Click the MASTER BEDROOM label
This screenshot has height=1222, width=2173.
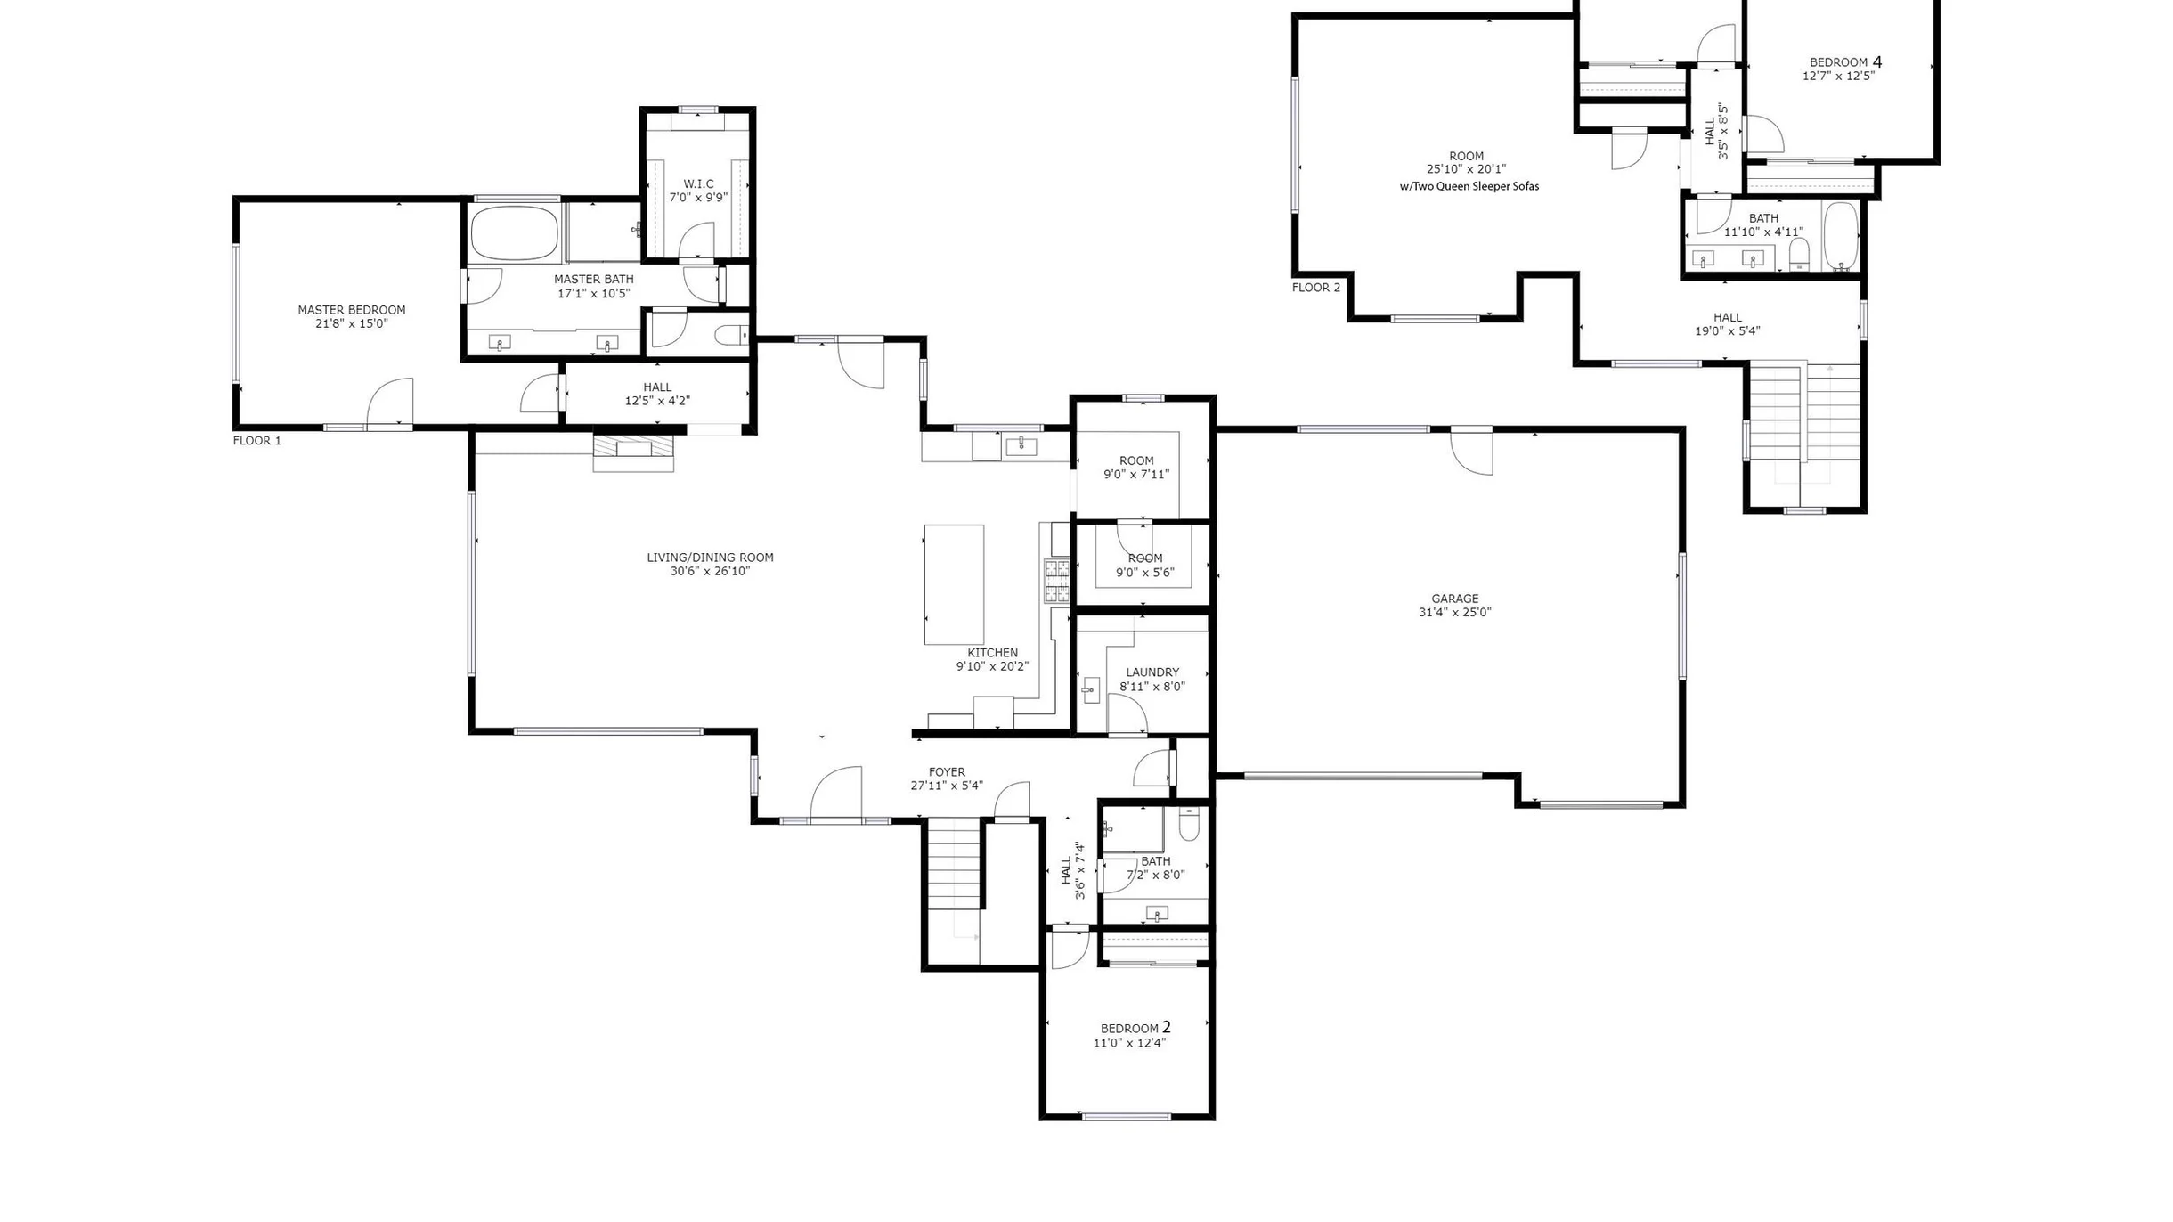pyautogui.click(x=351, y=310)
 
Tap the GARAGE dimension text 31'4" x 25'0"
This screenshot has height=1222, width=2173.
pyautogui.click(x=1454, y=612)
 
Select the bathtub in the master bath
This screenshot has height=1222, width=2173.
pyautogui.click(x=515, y=233)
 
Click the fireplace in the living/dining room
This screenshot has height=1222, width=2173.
pyautogui.click(x=633, y=452)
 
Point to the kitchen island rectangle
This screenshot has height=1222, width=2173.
pyautogui.click(x=954, y=584)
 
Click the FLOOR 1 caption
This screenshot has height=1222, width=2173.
pyautogui.click(x=257, y=441)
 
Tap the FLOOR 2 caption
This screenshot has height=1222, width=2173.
pyautogui.click(x=1316, y=288)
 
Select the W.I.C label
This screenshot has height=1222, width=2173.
pyautogui.click(x=698, y=184)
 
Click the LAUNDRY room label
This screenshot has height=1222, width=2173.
pyautogui.click(x=1152, y=672)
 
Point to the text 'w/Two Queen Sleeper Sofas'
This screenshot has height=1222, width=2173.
pyautogui.click(x=1469, y=187)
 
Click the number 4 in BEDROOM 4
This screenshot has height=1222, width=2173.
pyautogui.click(x=1877, y=61)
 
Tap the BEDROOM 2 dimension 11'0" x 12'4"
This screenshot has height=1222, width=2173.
pyautogui.click(x=1129, y=1043)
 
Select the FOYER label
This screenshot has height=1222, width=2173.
pyautogui.click(x=947, y=772)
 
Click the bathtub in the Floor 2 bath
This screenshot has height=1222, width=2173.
pyautogui.click(x=1840, y=237)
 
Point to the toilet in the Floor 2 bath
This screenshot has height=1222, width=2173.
pyautogui.click(x=1799, y=254)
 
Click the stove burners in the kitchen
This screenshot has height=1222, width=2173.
pyautogui.click(x=1057, y=581)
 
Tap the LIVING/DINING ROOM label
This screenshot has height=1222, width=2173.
pyautogui.click(x=710, y=558)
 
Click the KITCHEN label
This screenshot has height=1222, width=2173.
pyautogui.click(x=992, y=653)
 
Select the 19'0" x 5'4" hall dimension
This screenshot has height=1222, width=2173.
pyautogui.click(x=1727, y=331)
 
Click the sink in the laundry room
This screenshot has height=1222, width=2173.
pyautogui.click(x=1091, y=690)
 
